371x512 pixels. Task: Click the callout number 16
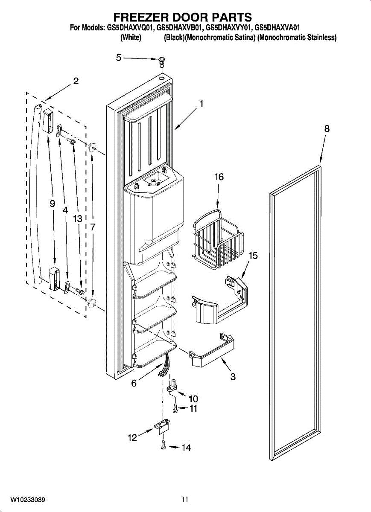click(x=219, y=177)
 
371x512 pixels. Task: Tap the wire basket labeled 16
click(x=218, y=239)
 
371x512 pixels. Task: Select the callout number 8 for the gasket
click(x=327, y=129)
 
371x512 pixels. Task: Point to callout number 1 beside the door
click(x=201, y=104)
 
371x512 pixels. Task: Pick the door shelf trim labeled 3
click(x=212, y=349)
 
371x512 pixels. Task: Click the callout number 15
click(x=253, y=256)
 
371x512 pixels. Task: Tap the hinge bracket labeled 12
click(x=162, y=428)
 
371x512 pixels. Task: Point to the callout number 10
click(x=193, y=399)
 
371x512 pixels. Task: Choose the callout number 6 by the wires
click(x=134, y=383)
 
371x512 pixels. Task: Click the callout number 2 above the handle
click(x=75, y=81)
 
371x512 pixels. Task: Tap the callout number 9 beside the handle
click(x=52, y=204)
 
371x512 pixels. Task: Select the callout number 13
click(x=77, y=219)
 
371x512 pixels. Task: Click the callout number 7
click(x=93, y=227)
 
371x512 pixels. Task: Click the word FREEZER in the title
click(x=140, y=17)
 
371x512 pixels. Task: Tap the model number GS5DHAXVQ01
click(x=131, y=28)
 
